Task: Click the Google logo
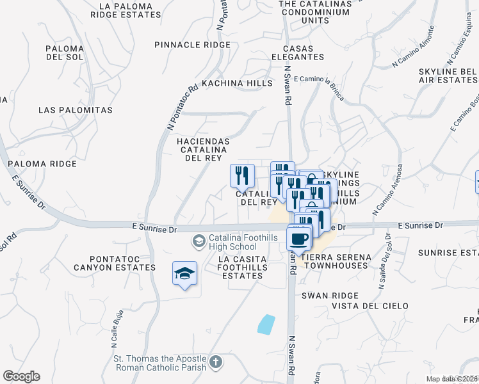tap(21, 376)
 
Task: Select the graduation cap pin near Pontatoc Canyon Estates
tap(184, 274)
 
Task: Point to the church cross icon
tap(216, 363)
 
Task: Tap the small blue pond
tap(266, 324)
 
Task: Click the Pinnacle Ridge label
tap(192, 45)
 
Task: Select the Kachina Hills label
tap(228, 84)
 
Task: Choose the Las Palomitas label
tap(76, 110)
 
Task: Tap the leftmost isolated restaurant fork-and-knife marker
tap(242, 174)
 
